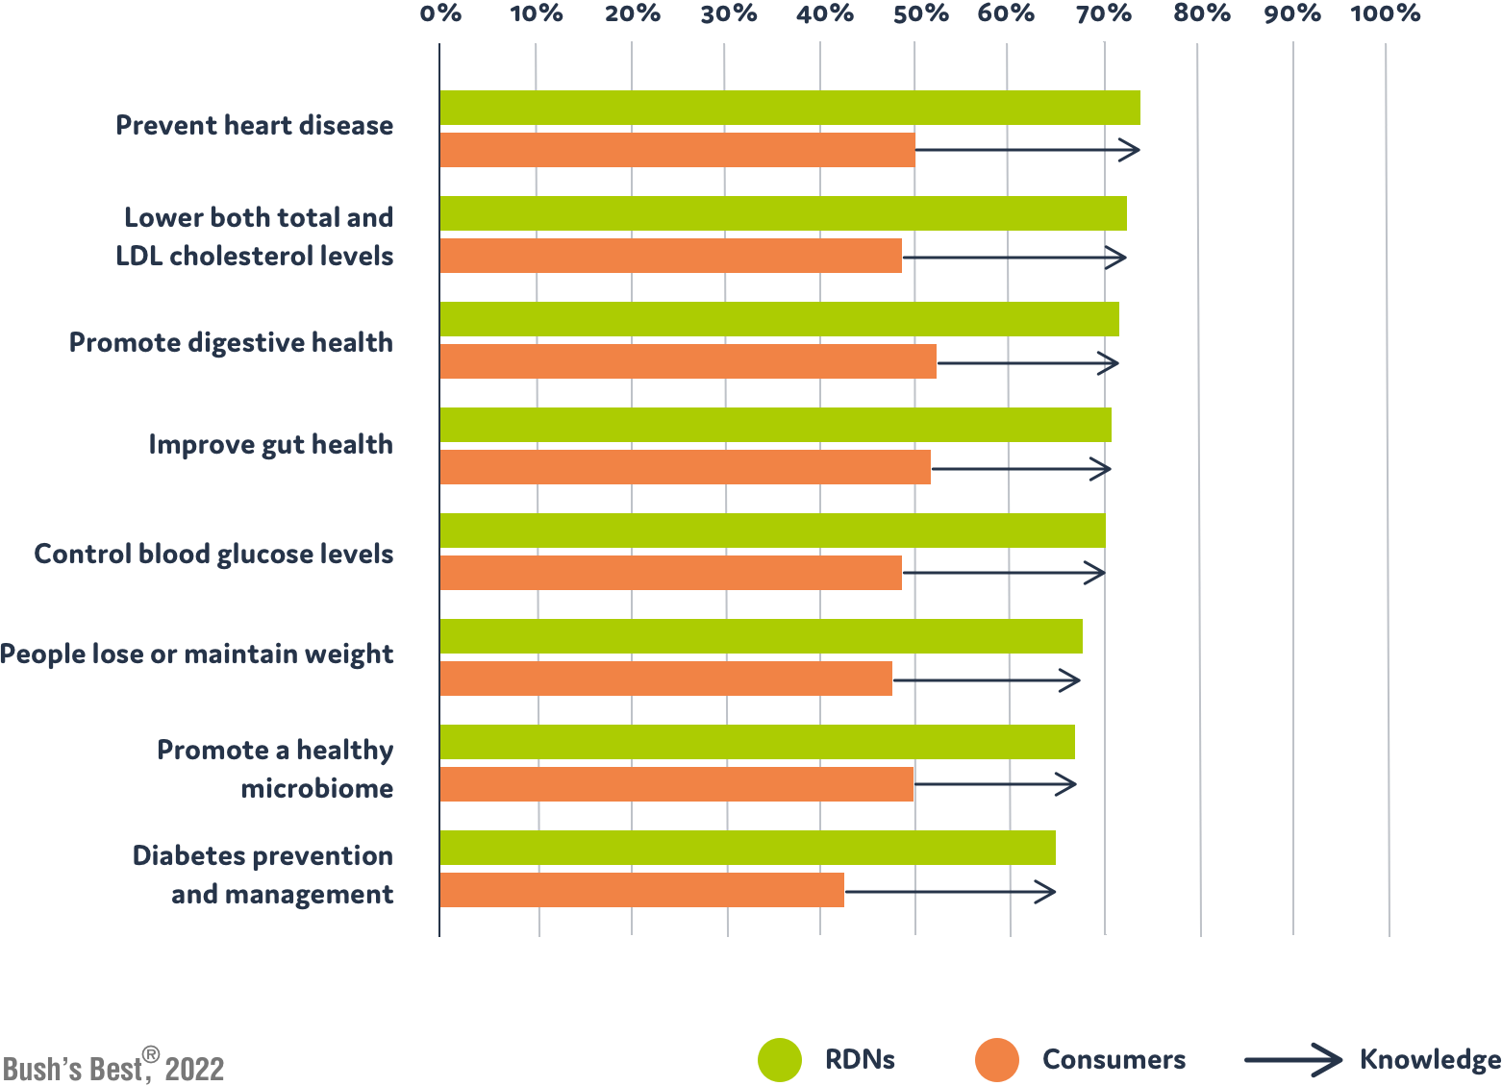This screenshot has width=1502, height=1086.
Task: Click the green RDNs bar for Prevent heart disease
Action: [789, 108]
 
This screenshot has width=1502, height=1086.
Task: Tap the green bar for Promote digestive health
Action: [779, 319]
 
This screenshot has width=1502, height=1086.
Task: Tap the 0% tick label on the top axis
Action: [441, 13]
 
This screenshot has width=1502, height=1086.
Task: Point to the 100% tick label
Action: [1385, 13]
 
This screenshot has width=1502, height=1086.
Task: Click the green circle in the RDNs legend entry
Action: [779, 1060]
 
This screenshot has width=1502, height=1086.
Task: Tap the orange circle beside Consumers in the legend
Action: [996, 1060]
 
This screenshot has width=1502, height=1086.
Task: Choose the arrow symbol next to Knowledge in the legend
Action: [1293, 1060]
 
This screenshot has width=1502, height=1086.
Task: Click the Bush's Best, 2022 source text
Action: [113, 1067]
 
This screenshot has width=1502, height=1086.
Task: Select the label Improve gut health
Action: [270, 445]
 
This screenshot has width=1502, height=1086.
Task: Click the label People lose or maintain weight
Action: [197, 654]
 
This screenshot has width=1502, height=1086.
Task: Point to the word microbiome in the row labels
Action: [316, 789]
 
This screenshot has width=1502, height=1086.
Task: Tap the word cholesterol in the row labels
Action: [255, 257]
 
